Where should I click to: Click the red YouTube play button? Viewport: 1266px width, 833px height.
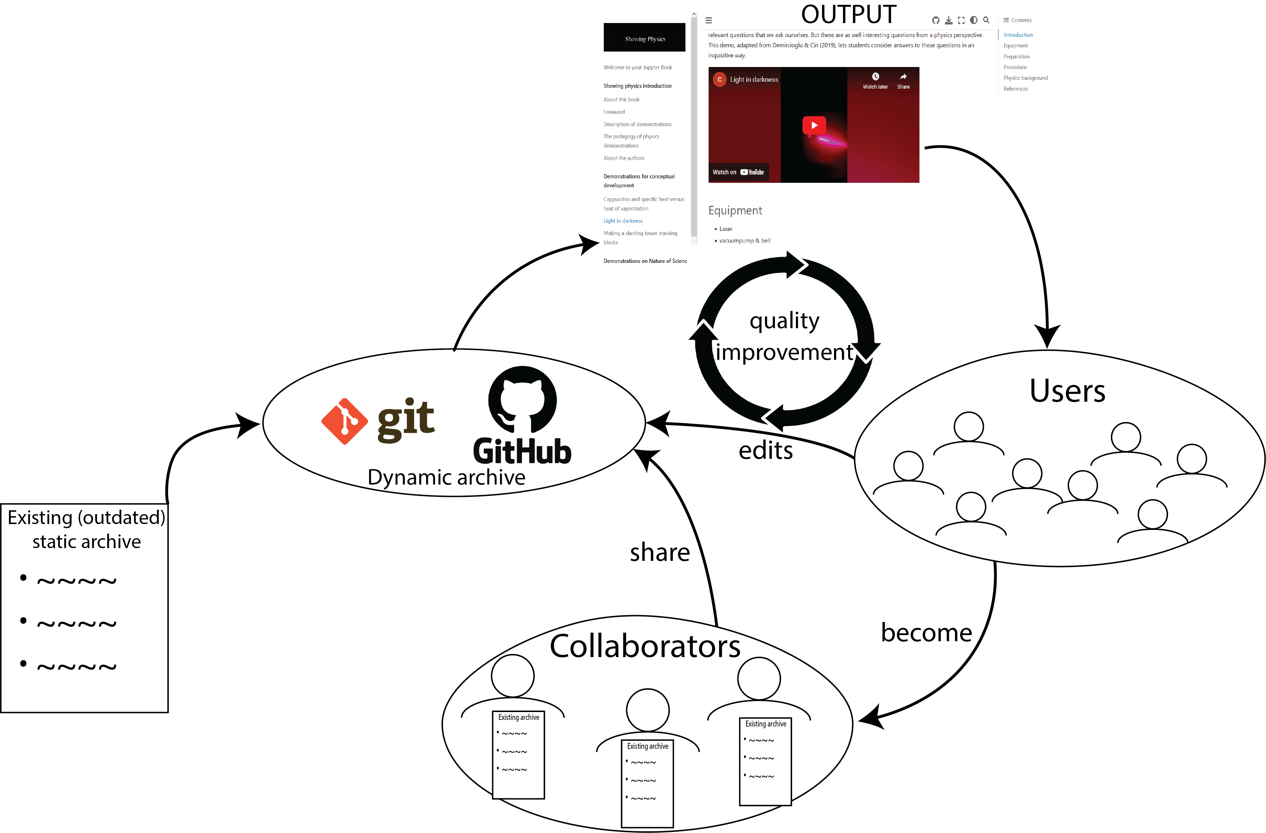pyautogui.click(x=814, y=125)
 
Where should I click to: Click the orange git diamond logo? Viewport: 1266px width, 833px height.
pyautogui.click(x=344, y=421)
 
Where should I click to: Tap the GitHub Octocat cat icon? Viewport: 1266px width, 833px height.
pyautogui.click(x=522, y=399)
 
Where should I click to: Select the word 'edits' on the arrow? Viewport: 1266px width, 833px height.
pyautogui.click(x=765, y=451)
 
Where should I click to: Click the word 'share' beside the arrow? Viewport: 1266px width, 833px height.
pyautogui.click(x=659, y=552)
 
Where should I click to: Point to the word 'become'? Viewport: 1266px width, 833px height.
pyautogui.click(x=926, y=632)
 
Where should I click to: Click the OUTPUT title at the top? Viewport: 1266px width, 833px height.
pyautogui.click(x=848, y=14)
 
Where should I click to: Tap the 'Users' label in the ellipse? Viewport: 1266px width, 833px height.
pyautogui.click(x=1067, y=391)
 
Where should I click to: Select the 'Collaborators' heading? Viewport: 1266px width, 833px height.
pyautogui.click(x=645, y=646)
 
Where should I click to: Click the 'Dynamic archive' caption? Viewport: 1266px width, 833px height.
pyautogui.click(x=446, y=477)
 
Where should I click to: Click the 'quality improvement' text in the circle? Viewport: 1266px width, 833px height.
pyautogui.click(x=785, y=336)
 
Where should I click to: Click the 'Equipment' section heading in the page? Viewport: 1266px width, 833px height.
pyautogui.click(x=735, y=211)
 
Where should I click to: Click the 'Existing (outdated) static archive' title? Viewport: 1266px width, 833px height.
pyautogui.click(x=86, y=529)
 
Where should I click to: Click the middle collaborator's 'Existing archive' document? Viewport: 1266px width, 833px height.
pyautogui.click(x=647, y=782)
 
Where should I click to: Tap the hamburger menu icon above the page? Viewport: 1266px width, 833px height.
pyautogui.click(x=709, y=21)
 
